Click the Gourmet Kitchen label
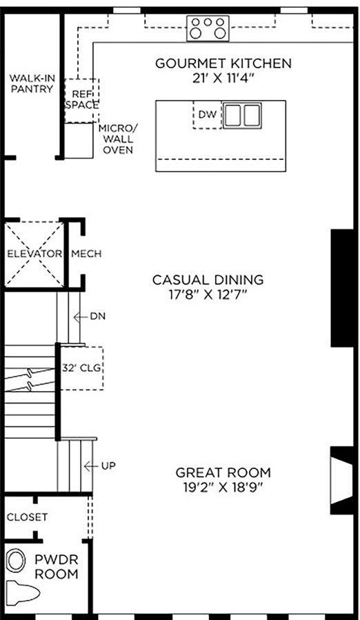223,63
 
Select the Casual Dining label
208,280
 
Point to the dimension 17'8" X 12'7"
208,295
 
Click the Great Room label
223,472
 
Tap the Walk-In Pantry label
32,83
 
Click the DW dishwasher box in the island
208,114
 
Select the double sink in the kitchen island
243,115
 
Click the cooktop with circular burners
208,28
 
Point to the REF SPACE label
82,99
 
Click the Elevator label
34,254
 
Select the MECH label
86,254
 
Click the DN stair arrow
81,317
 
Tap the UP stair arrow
91,467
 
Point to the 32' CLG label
81,368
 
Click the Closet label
27,517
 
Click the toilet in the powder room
23,592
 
